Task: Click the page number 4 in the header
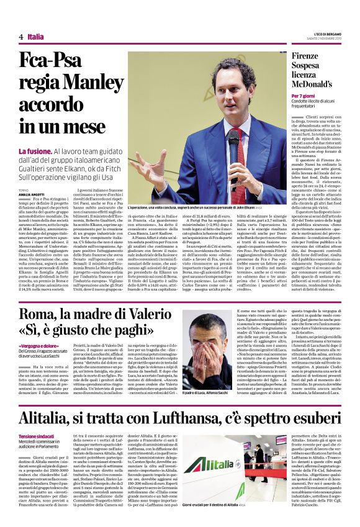point(20,37)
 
